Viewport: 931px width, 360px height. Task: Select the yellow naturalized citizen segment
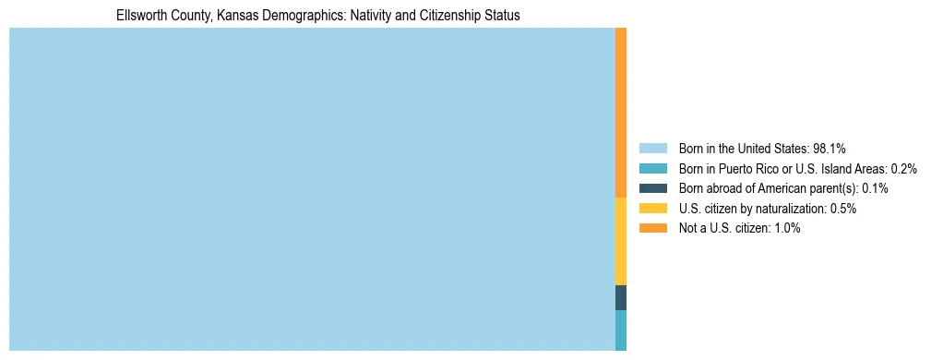click(x=621, y=241)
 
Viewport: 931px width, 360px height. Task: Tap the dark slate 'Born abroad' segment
click(x=621, y=297)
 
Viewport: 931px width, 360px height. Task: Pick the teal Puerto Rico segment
click(x=621, y=330)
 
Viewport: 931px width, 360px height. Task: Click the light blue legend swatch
click(x=652, y=148)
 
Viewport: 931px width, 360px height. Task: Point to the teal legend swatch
click(x=652, y=168)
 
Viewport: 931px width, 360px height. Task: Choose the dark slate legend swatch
click(x=652, y=188)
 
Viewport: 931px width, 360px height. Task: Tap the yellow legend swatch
click(x=652, y=209)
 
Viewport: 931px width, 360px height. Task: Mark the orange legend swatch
click(x=652, y=228)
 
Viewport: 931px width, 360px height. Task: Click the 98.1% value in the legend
click(x=830, y=148)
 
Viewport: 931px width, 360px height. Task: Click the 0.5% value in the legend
click(x=843, y=209)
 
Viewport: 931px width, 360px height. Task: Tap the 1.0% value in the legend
click(x=787, y=228)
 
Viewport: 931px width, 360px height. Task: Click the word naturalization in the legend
click(x=793, y=209)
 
